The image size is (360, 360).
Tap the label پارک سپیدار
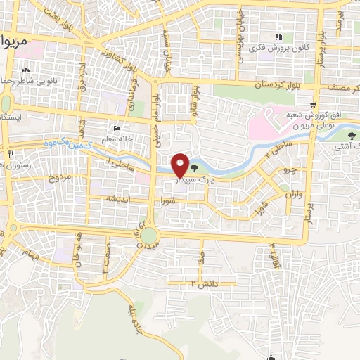[192, 180]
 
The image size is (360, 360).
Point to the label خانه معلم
[115, 139]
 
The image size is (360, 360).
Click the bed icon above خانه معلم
[117, 129]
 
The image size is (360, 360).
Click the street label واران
[292, 194]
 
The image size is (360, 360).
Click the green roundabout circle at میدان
[150, 234]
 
